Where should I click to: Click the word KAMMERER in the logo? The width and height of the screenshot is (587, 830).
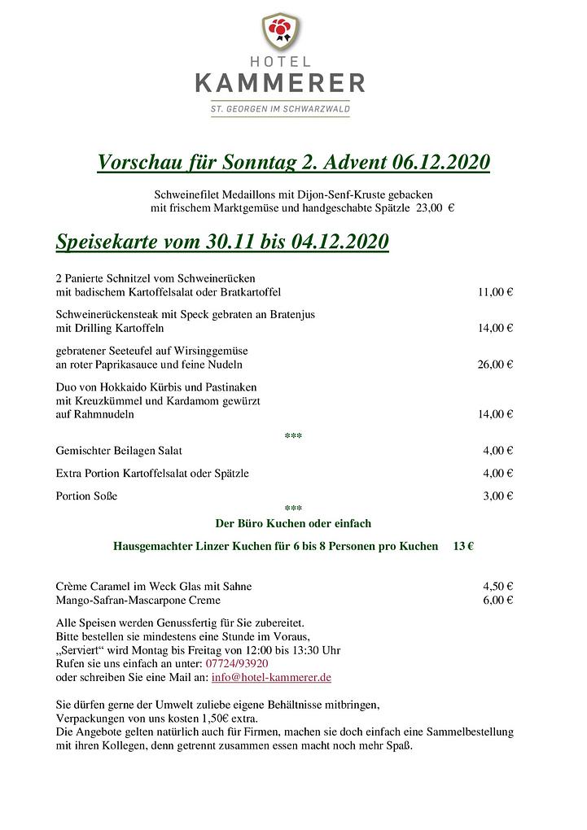(280, 83)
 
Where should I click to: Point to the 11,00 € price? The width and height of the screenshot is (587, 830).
(495, 292)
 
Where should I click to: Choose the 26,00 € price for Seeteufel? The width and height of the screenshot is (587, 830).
(495, 365)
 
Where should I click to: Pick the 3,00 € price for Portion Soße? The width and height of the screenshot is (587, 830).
(497, 496)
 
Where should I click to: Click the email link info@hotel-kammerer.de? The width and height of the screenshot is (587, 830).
(271, 677)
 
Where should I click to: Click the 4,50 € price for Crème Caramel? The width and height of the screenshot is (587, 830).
(497, 586)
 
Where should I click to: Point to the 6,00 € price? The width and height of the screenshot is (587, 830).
(497, 601)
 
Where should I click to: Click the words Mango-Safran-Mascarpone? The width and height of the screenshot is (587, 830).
(121, 601)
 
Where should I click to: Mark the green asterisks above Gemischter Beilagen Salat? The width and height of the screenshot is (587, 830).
(293, 436)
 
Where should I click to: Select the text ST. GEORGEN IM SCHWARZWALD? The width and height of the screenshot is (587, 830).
(280, 109)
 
